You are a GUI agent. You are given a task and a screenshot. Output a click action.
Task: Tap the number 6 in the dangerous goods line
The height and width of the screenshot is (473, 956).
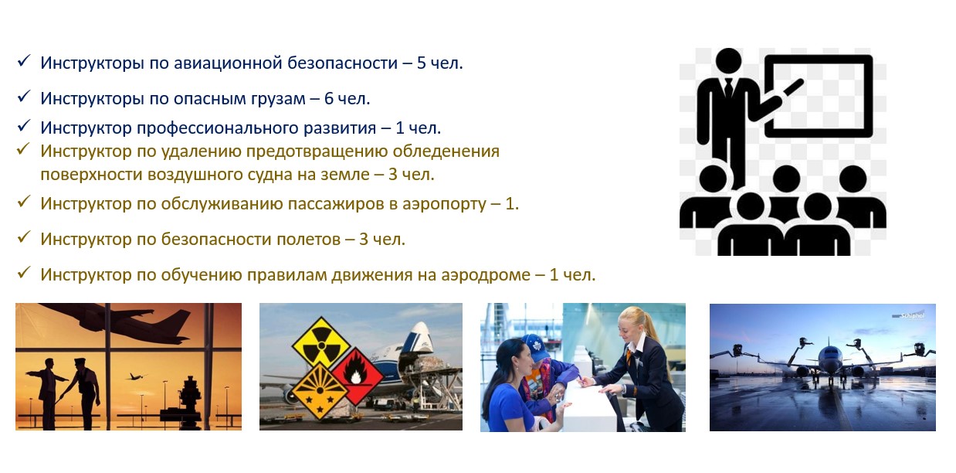coord(329,99)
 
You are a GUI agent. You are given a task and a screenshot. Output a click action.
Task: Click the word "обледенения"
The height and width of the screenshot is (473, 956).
coord(446,151)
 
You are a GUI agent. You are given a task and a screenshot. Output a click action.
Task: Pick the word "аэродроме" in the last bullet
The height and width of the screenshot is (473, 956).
coord(486,275)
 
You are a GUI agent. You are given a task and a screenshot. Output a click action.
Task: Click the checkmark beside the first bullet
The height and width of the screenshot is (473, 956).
coord(24,61)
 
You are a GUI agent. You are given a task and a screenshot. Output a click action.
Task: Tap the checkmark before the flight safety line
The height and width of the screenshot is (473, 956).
coord(24,236)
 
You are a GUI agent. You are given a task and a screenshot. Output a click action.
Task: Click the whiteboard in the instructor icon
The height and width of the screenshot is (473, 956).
coord(818,96)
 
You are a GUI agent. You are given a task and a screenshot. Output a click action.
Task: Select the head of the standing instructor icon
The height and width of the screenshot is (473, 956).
coord(728,62)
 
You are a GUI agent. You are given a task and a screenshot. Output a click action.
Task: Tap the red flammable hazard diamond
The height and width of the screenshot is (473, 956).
coord(357,376)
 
